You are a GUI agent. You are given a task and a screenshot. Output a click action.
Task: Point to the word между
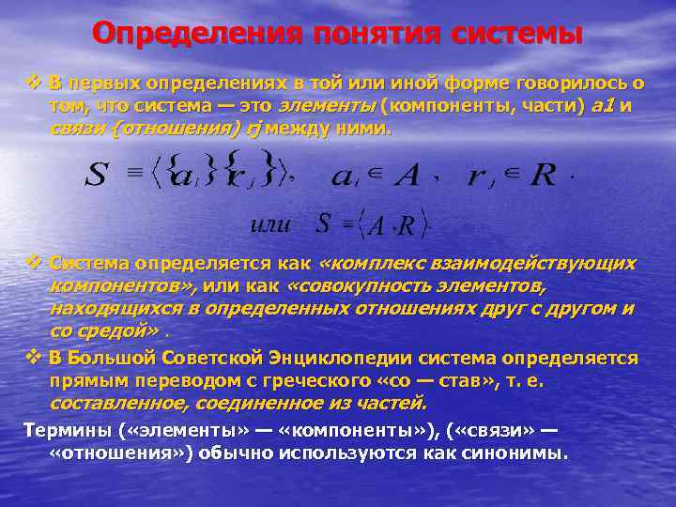point(296,128)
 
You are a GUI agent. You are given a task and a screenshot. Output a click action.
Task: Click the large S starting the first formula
point(96,177)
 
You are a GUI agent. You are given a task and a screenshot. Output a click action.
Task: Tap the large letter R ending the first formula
point(543,175)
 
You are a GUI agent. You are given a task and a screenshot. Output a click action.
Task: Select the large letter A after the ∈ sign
point(408,175)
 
